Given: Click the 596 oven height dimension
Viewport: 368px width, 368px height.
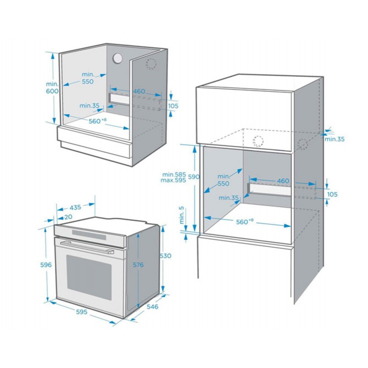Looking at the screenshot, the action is tap(46, 265).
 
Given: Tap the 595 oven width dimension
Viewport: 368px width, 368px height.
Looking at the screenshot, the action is tap(81, 312).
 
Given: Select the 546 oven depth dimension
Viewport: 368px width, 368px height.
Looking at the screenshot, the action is tap(153, 307).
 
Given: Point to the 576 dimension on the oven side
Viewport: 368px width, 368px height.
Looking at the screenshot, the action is tap(138, 265).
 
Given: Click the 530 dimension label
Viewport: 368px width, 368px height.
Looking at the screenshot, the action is tap(166, 256).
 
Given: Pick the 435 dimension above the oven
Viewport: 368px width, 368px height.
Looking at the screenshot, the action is tap(75, 208).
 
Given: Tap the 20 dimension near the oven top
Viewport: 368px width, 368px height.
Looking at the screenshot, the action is tap(68, 217).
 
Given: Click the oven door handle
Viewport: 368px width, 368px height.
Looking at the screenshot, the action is tap(87, 248).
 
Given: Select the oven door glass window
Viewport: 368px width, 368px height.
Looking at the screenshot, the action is tap(89, 277).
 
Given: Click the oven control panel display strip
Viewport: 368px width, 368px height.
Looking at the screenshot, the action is tap(89, 235).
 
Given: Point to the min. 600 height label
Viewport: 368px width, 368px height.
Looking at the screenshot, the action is tap(52, 87).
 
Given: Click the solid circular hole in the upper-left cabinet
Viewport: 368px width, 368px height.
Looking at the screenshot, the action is tap(117, 58).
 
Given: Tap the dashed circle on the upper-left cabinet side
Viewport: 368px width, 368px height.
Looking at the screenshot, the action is tap(151, 64).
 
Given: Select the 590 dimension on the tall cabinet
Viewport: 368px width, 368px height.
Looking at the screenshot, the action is tap(194, 177).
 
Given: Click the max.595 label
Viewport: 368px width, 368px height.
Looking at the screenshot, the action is tap(173, 180).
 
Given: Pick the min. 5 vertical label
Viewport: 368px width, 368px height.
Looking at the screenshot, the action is tap(182, 215).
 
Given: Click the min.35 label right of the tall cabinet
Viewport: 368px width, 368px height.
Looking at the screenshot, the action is tap(335, 139).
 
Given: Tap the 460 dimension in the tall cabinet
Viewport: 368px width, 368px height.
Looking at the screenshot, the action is tap(283, 181).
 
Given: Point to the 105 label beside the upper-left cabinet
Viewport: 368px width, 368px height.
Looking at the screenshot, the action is tap(173, 106).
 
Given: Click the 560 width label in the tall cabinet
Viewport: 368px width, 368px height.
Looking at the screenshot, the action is tap(245, 222).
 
